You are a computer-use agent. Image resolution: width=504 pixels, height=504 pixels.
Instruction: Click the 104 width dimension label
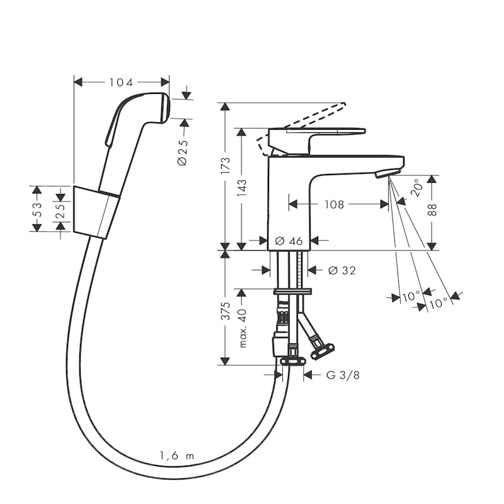[x=122, y=82]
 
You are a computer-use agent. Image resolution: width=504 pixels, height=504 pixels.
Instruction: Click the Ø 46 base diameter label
[x=289, y=241]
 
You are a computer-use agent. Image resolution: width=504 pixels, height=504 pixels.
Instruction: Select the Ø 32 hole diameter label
[x=341, y=270]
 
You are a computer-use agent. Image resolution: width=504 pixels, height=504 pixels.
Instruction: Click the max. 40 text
[x=243, y=328]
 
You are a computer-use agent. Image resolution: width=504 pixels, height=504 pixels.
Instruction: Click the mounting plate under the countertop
[x=293, y=291]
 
